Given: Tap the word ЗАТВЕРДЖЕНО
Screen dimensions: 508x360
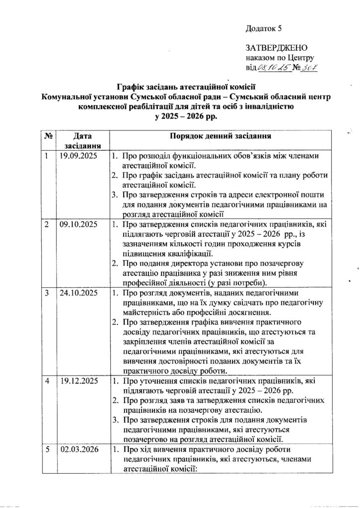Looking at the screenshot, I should [x=277, y=48].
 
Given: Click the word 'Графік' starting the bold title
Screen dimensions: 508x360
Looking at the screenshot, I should [x=130, y=85].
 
